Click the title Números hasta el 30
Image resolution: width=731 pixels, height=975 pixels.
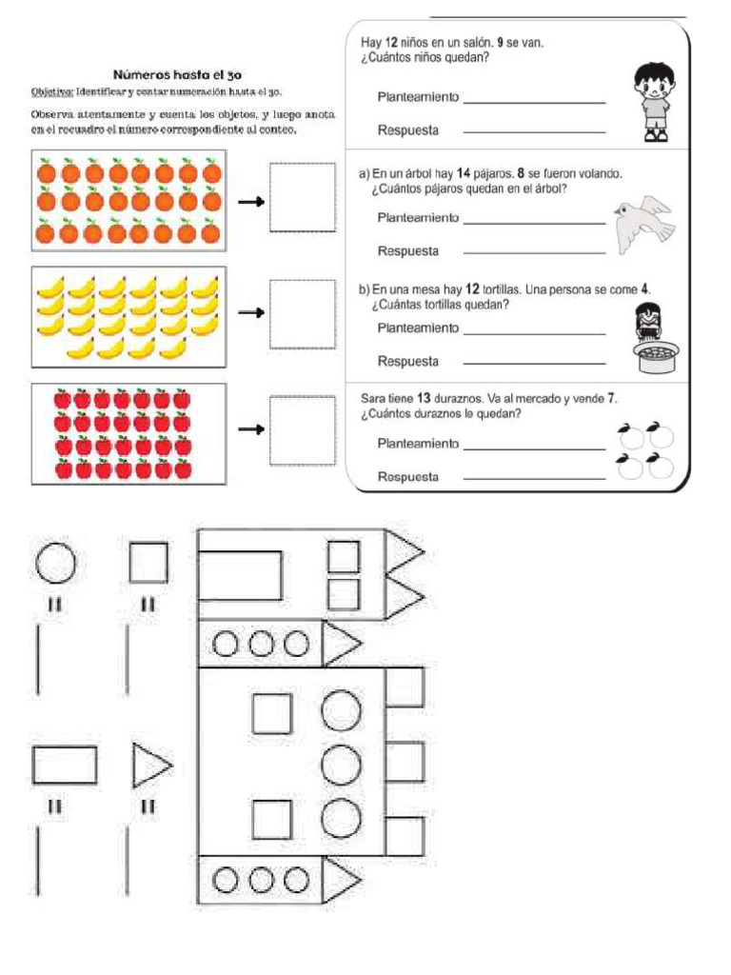click(170, 74)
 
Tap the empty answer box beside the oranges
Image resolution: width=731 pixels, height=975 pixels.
click(302, 198)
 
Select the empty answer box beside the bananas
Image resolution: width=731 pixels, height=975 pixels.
click(302, 313)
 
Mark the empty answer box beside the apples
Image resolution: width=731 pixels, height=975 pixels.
click(302, 430)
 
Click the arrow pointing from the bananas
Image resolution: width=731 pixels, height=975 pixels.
click(250, 314)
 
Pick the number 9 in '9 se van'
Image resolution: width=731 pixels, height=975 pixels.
click(500, 43)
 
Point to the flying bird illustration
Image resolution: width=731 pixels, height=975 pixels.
click(642, 224)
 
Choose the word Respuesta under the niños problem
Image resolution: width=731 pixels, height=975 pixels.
click(407, 130)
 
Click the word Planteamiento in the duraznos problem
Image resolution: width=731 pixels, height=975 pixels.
click(418, 444)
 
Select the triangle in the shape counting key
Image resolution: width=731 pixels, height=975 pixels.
click(150, 766)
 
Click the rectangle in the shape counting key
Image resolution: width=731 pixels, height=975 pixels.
click(65, 766)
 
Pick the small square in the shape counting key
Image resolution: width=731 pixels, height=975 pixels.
click(148, 562)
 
